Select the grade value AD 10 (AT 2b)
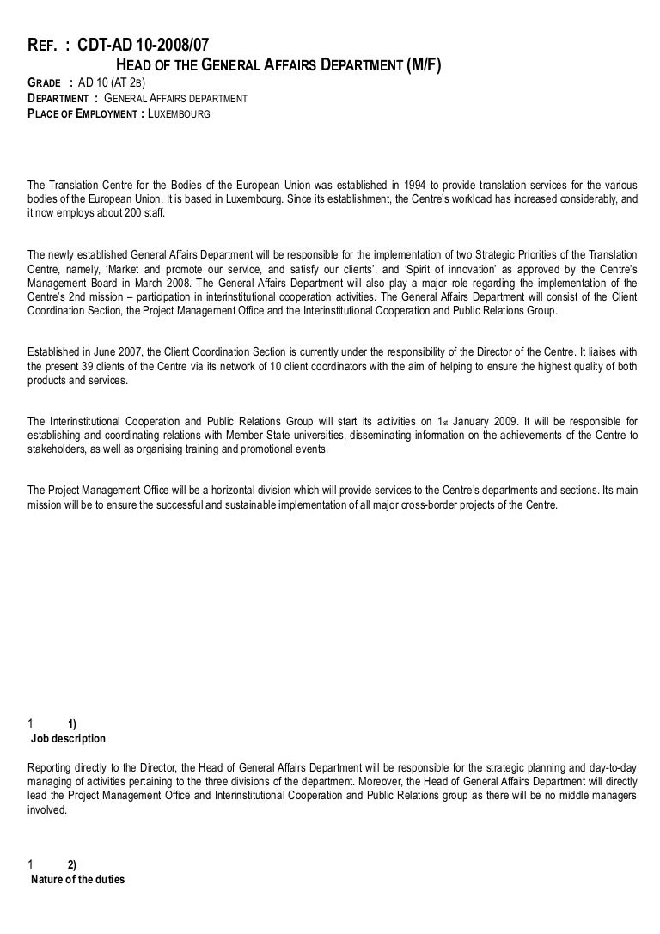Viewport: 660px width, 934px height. click(x=112, y=83)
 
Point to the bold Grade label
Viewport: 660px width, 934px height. click(x=46, y=83)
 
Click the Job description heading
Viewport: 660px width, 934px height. click(x=68, y=738)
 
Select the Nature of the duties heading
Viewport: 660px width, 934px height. click(x=77, y=879)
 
